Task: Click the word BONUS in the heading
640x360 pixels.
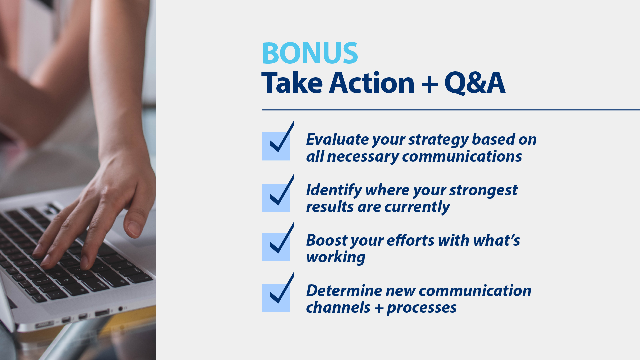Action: (x=310, y=53)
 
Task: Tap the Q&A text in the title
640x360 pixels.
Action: (x=475, y=83)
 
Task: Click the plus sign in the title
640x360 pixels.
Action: (x=429, y=84)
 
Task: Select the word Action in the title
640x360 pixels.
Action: (x=372, y=83)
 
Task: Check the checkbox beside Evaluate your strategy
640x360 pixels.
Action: (x=276, y=146)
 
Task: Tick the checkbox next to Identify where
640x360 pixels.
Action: (x=276, y=198)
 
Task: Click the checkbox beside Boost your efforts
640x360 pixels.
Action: (x=276, y=247)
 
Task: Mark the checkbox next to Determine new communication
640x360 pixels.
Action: (x=276, y=297)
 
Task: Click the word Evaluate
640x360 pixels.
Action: (x=337, y=139)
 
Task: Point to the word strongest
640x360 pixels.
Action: (x=483, y=190)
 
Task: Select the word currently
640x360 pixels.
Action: (x=417, y=207)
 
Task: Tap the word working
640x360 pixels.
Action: (x=336, y=257)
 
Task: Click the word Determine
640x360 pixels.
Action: (x=344, y=290)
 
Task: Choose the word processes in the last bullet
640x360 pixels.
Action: (x=422, y=308)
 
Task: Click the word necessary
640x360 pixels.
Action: (x=363, y=157)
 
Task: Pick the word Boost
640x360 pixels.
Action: (x=327, y=240)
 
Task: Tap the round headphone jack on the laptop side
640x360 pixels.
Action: (x=121, y=309)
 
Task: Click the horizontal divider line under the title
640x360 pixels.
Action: (x=450, y=110)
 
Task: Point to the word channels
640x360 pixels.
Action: (x=338, y=308)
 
